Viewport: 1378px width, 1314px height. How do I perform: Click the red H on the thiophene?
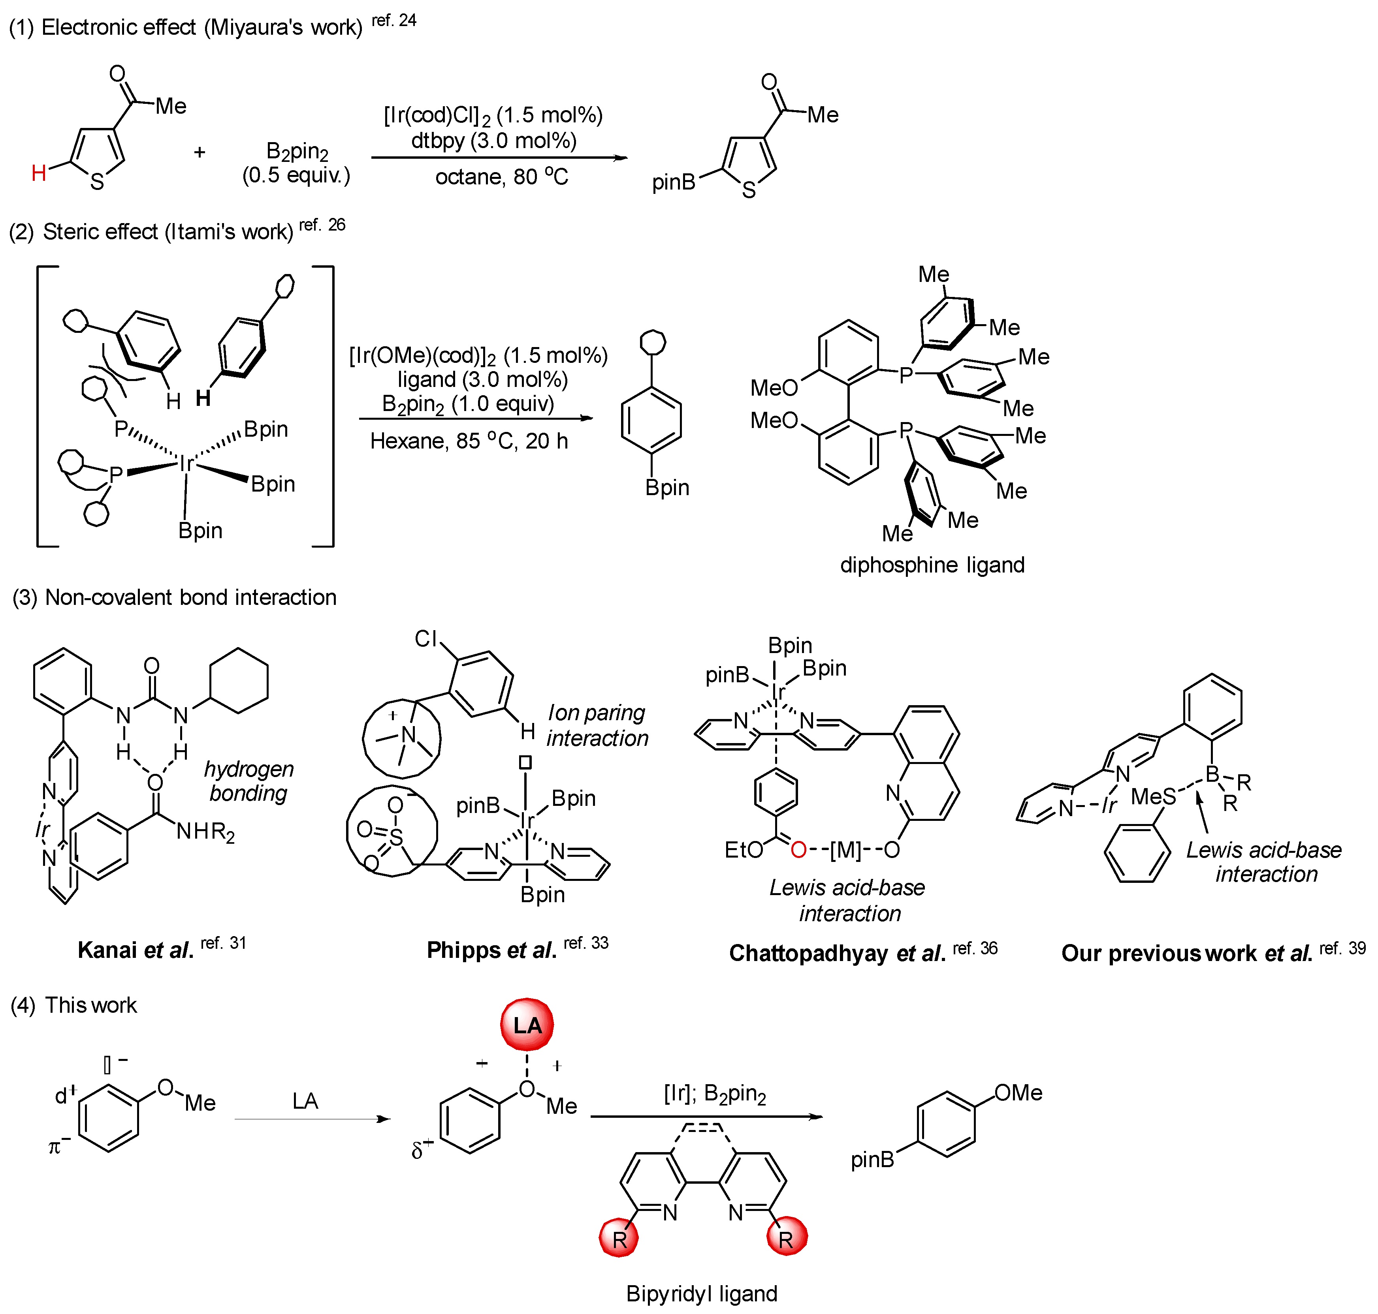pyautogui.click(x=39, y=172)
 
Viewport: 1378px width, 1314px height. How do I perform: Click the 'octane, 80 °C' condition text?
pyautogui.click(x=501, y=176)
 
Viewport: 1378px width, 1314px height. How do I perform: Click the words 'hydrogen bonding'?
pyautogui.click(x=249, y=781)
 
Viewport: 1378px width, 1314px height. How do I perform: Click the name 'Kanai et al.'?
pyautogui.click(x=135, y=950)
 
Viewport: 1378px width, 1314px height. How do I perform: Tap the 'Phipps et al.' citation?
pyautogui.click(x=491, y=950)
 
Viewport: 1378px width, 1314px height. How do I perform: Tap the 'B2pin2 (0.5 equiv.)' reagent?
pyautogui.click(x=296, y=163)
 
